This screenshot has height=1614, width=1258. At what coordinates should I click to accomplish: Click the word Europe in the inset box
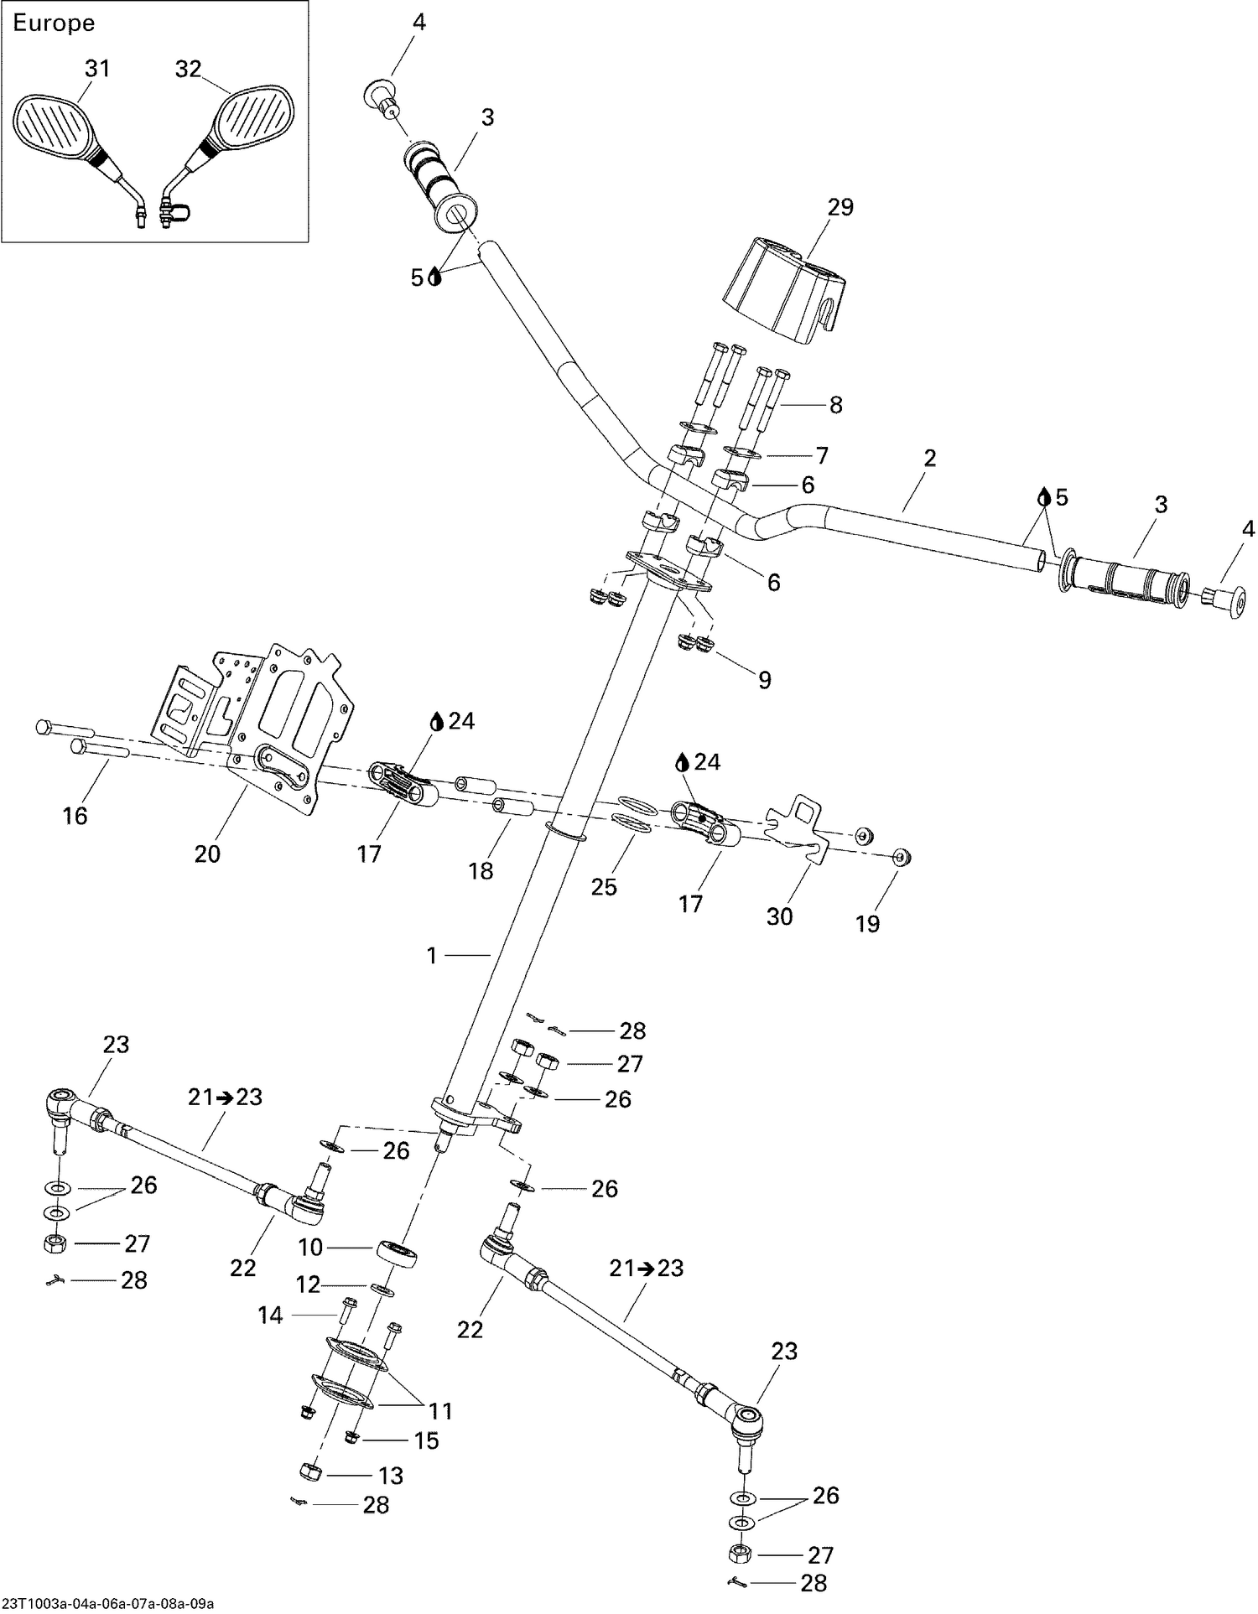[54, 23]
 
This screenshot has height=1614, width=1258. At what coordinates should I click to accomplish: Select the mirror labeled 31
[52, 129]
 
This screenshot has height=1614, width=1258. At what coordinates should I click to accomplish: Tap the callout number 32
[189, 69]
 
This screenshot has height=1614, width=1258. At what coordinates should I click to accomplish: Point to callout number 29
[840, 207]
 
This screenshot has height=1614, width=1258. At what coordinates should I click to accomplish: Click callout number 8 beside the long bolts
[835, 405]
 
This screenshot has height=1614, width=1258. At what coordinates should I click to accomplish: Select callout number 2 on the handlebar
[929, 458]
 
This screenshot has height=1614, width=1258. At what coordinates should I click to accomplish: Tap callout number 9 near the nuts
[764, 679]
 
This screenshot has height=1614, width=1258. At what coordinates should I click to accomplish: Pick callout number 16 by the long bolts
[75, 815]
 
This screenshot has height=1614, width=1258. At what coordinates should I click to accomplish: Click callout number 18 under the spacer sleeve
[481, 871]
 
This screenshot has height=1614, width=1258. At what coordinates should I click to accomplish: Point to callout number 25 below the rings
[604, 887]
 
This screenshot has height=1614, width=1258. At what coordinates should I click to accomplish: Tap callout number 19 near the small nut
[867, 923]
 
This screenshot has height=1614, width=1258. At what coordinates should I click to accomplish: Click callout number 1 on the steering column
[432, 955]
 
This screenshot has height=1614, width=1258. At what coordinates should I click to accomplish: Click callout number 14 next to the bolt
[270, 1316]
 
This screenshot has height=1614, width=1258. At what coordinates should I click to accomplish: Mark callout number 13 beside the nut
[391, 1476]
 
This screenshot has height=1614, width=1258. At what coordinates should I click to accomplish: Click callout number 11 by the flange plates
[441, 1411]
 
